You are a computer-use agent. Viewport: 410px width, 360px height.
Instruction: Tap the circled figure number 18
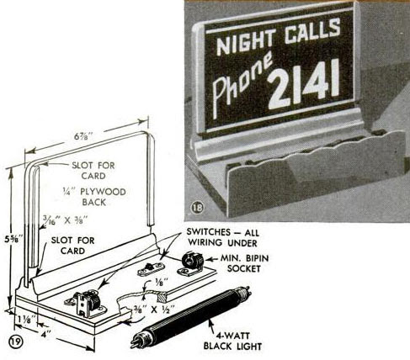198,208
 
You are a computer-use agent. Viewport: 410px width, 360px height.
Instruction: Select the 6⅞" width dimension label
83,136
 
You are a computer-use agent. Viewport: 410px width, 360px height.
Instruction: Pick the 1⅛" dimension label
27,319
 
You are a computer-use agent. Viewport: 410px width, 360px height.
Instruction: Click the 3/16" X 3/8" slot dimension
66,220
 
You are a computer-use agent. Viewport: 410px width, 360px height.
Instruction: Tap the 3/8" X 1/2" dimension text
154,310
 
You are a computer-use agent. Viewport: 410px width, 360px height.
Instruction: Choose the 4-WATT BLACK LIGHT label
232,341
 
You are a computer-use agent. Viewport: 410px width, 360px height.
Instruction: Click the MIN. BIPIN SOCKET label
244,263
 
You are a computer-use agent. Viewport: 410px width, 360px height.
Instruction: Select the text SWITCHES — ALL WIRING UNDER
223,237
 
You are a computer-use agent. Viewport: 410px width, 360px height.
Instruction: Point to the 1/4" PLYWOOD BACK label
94,197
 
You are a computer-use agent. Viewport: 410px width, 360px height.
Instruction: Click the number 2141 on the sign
304,84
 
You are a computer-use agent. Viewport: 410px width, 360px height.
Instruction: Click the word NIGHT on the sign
246,42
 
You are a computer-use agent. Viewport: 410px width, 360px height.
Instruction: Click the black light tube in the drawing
191,315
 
